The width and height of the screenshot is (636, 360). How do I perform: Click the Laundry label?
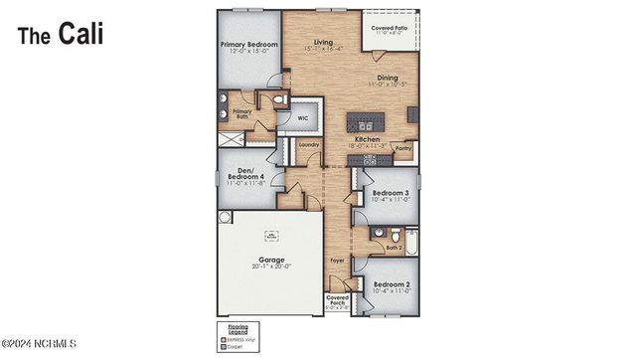(x=308, y=144)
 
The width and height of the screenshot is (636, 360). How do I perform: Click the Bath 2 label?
(x=393, y=248)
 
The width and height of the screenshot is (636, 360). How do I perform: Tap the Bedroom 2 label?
(x=391, y=287)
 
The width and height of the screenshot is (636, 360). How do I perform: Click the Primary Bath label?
(x=242, y=113)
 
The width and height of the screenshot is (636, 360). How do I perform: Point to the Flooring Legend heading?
(x=232, y=326)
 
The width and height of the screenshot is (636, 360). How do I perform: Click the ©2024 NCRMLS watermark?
(x=40, y=346)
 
